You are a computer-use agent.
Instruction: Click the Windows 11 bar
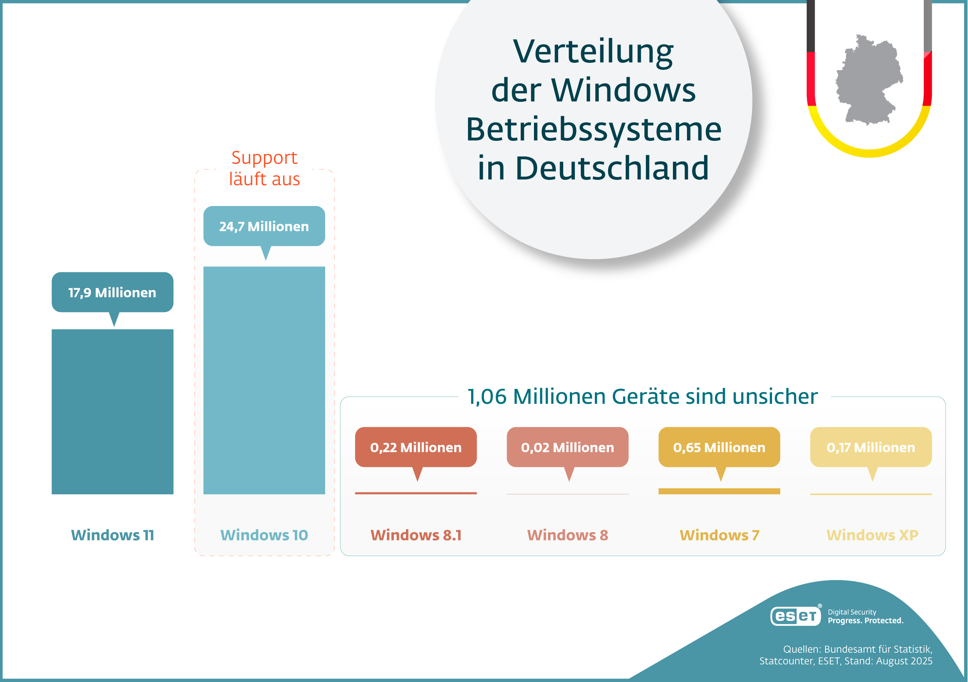pyautogui.click(x=112, y=411)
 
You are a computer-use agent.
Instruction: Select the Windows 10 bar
pyautogui.click(x=264, y=380)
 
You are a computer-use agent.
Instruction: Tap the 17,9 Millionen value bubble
pyautogui.click(x=112, y=292)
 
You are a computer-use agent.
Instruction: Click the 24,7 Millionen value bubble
pyautogui.click(x=264, y=226)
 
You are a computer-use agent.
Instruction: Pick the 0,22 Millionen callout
pyautogui.click(x=416, y=447)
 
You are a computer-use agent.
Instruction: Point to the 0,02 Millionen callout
pyautogui.click(x=568, y=447)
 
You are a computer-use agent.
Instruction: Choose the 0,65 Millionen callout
pyautogui.click(x=719, y=447)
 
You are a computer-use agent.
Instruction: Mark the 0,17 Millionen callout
pyautogui.click(x=871, y=447)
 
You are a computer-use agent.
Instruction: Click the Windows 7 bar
pyautogui.click(x=719, y=491)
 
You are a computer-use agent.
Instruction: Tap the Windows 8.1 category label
pyautogui.click(x=416, y=535)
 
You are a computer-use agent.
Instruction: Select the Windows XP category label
pyautogui.click(x=872, y=535)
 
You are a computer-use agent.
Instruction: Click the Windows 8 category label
pyautogui.click(x=568, y=535)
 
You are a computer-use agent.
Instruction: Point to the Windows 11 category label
pyautogui.click(x=112, y=535)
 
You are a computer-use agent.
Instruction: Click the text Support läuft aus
pyautogui.click(x=264, y=168)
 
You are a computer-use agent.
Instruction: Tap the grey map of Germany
pyautogui.click(x=868, y=80)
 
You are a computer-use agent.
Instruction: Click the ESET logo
pyautogui.click(x=795, y=616)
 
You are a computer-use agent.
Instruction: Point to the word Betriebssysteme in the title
pyautogui.click(x=594, y=129)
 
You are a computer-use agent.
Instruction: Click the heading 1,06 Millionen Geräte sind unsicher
pyautogui.click(x=642, y=396)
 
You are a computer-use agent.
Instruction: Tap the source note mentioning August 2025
pyautogui.click(x=846, y=655)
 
